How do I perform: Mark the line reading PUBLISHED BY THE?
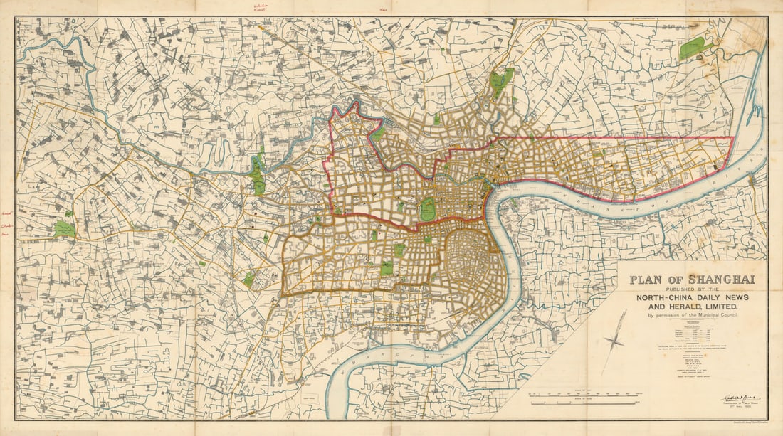click(x=688, y=289)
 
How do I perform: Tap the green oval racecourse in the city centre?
click(x=429, y=209)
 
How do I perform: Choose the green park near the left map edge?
click(x=65, y=230)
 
